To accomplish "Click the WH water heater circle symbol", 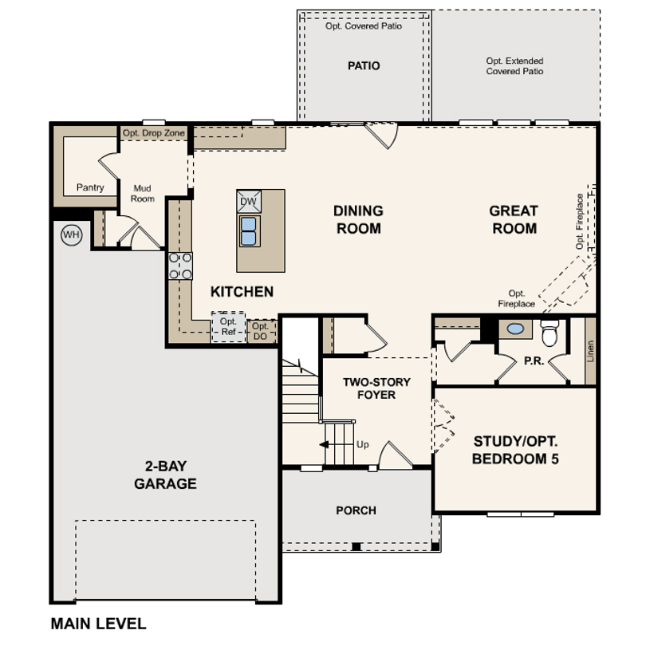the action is pos(71,234).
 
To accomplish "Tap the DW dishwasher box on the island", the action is pos(248,202).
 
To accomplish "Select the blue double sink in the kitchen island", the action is pos(248,231).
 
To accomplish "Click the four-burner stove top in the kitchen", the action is pos(180,266).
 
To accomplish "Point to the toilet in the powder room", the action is pos(549,333).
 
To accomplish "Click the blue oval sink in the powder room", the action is pos(515,329).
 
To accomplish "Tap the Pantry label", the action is pos(90,187).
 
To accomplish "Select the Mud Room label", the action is pos(143,193).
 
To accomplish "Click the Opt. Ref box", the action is pos(228,327).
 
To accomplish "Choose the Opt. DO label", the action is pos(260,331).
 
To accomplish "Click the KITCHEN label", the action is pos(242,292).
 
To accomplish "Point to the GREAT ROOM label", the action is pos(514,219).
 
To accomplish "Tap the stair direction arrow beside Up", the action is pos(325,444).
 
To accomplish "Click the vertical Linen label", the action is pos(590,351).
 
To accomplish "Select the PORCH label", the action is pos(356,510).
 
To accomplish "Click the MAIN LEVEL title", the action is pos(98,624).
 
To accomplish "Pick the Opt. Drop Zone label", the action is pos(154,133).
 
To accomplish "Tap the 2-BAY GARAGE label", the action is pos(165,475).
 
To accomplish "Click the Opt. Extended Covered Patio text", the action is pos(514,66).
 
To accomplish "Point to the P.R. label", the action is pos(534,361).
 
